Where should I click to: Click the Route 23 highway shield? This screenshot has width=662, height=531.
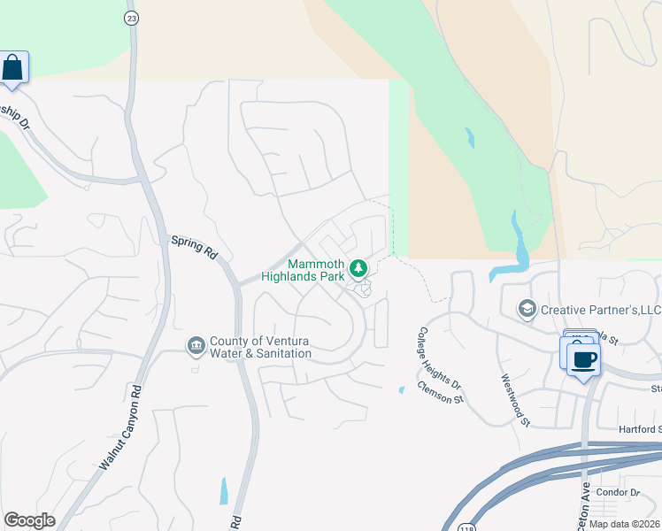(131, 17)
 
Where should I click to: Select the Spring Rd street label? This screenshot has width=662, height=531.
(194, 246)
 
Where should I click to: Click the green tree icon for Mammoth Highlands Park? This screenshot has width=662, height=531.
(358, 267)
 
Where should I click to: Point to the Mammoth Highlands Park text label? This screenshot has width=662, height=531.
(303, 270)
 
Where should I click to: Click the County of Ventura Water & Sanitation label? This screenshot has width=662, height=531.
(260, 347)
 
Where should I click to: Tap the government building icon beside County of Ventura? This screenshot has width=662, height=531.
(196, 343)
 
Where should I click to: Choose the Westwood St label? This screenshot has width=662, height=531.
(514, 398)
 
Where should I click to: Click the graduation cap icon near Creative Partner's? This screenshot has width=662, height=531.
(527, 308)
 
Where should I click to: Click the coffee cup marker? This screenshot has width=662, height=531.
(583, 360)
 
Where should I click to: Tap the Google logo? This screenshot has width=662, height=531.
(29, 520)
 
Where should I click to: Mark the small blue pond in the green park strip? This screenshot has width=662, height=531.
(469, 138)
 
